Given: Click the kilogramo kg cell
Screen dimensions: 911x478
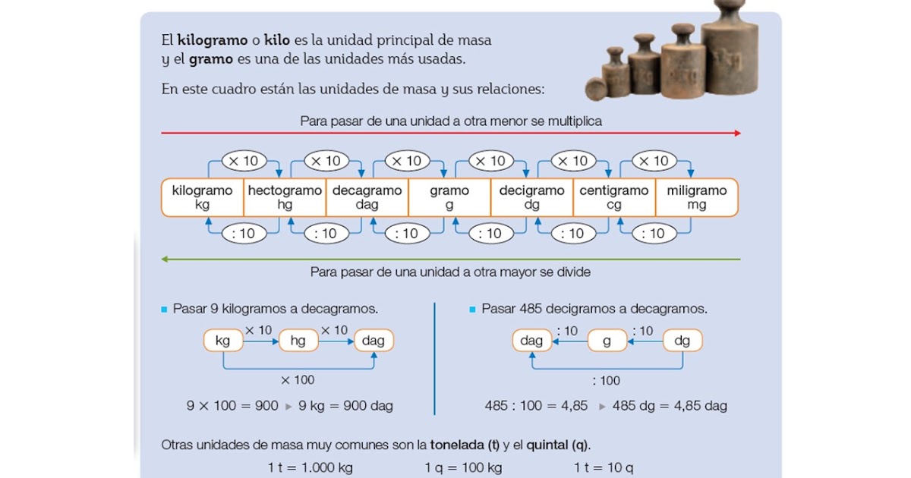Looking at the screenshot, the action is (x=202, y=197).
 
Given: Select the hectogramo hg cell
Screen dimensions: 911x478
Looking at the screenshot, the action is (x=285, y=197).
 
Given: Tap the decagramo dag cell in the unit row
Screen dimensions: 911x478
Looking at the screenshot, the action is (x=367, y=197).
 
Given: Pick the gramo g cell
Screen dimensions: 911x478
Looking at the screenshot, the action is (x=449, y=197).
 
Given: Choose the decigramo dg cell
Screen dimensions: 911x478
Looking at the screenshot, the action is (x=531, y=197).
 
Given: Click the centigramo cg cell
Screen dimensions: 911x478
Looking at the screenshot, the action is (x=613, y=197).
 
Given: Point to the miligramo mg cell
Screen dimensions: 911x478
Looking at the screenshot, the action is (x=696, y=197).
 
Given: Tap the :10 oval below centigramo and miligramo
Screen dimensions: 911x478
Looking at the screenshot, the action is (x=654, y=234).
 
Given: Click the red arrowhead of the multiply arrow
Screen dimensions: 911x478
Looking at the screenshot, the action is (x=736, y=134).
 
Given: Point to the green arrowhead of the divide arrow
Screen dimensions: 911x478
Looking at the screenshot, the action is (x=165, y=259).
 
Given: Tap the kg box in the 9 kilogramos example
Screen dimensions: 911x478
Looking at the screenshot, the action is (x=222, y=341).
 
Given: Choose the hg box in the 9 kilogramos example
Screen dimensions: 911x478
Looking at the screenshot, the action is (x=298, y=341).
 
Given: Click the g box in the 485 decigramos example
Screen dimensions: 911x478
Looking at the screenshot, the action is (x=607, y=341).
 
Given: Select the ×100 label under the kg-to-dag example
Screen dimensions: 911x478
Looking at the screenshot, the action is (x=298, y=379).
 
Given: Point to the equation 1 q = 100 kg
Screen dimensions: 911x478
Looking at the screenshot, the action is (x=463, y=467).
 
